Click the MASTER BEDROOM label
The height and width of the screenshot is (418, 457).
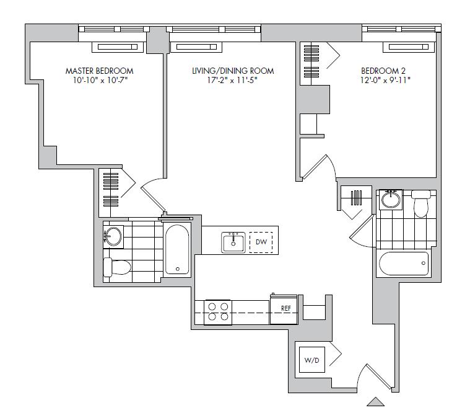point(99,71)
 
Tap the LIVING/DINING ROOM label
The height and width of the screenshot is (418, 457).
point(233,71)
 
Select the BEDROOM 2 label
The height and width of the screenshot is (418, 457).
point(383,71)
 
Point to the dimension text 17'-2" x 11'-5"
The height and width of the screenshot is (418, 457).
point(232,80)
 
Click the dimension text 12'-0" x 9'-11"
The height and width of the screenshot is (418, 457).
point(385,80)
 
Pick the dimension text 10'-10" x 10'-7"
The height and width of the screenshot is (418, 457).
point(100,80)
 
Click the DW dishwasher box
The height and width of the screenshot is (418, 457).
point(261,242)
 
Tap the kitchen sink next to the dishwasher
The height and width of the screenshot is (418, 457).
point(233,242)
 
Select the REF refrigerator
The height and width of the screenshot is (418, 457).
point(284,309)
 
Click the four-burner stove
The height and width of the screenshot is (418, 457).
point(218,312)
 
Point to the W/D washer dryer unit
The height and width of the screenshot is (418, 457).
point(312,360)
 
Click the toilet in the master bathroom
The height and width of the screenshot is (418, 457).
point(117,267)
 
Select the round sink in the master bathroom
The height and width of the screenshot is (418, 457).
point(113,236)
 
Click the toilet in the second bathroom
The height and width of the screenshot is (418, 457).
point(421,203)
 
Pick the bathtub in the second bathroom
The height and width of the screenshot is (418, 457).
point(404,264)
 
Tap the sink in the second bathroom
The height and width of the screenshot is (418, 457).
point(391,199)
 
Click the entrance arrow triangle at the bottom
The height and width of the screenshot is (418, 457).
point(375,401)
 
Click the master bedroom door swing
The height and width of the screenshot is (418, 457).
point(154,194)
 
